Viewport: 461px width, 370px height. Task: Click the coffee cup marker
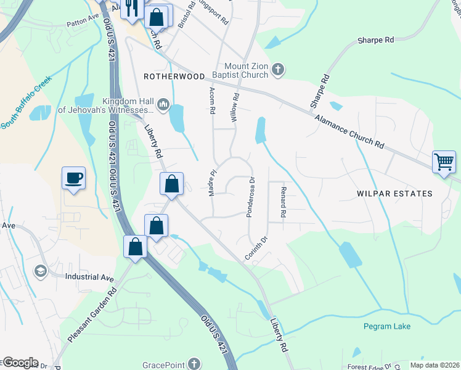(x=73, y=178)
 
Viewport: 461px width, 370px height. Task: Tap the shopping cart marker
(x=444, y=162)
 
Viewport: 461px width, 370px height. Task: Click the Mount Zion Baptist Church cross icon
(x=278, y=69)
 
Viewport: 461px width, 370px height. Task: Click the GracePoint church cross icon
(x=194, y=363)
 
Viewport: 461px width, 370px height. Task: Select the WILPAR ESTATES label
(x=394, y=194)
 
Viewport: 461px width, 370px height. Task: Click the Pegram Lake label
(x=386, y=326)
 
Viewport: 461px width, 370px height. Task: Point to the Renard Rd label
(x=283, y=202)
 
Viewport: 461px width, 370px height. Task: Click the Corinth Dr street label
(x=258, y=248)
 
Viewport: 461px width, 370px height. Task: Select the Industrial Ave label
(x=89, y=277)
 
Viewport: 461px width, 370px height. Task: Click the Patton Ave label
(x=83, y=26)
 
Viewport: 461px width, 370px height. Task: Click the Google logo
(x=20, y=363)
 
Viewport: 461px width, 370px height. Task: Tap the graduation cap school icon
(x=41, y=271)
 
